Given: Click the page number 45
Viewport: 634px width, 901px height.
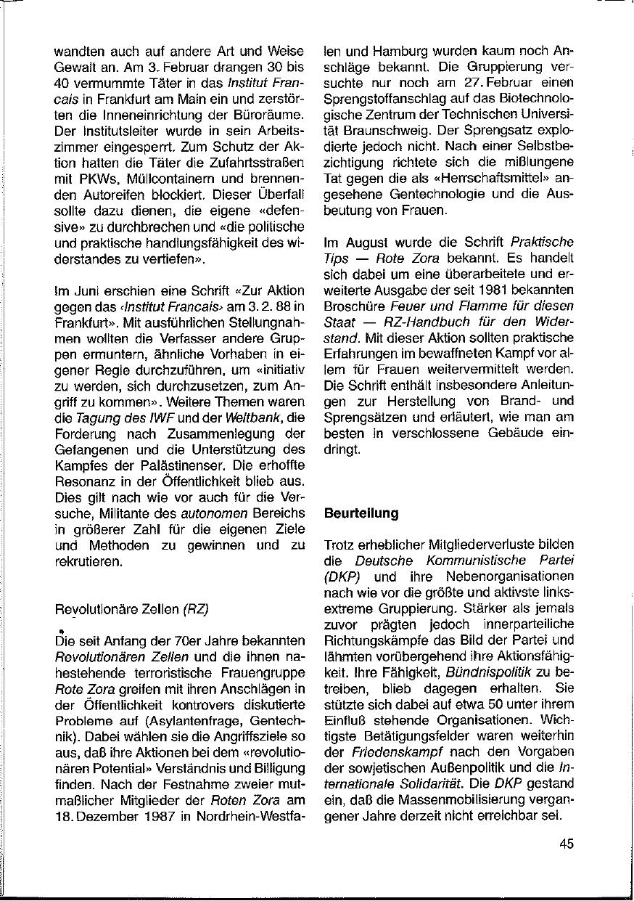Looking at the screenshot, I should [567, 844].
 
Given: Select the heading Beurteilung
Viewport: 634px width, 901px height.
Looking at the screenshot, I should [361, 513].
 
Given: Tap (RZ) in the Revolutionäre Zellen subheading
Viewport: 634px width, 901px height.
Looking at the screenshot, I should [196, 609].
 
